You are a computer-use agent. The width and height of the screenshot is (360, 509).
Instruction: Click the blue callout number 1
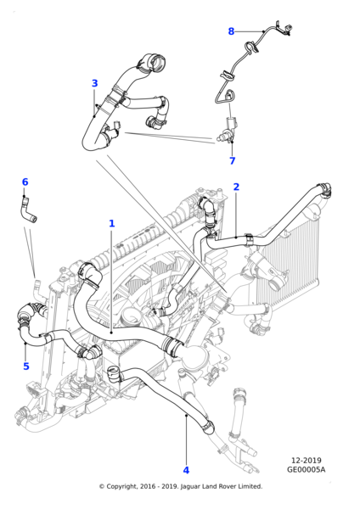point(112,223)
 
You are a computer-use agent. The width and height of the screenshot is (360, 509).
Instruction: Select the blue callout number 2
point(236,187)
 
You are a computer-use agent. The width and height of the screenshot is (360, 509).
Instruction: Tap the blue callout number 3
point(94,83)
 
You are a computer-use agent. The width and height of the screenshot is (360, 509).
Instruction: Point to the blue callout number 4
point(186,470)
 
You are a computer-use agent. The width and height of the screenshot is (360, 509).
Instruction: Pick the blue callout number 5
point(26,366)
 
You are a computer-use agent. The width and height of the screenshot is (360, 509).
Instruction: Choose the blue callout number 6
point(25,182)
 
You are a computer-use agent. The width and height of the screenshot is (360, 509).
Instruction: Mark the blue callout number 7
point(233,160)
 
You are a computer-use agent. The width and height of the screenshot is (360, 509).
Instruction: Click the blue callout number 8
point(231,31)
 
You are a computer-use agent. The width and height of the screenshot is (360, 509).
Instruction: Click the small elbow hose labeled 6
point(28,211)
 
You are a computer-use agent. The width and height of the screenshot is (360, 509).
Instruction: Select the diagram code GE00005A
point(306,469)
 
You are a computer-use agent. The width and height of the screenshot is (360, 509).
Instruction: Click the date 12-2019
point(306,461)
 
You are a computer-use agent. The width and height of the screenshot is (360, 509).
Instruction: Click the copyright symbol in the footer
point(102,486)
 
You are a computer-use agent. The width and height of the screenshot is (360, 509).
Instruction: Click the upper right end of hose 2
point(325,189)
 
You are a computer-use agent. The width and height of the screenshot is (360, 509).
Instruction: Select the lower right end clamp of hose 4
point(208,427)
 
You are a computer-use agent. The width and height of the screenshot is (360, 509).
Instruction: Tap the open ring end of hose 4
point(113,373)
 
